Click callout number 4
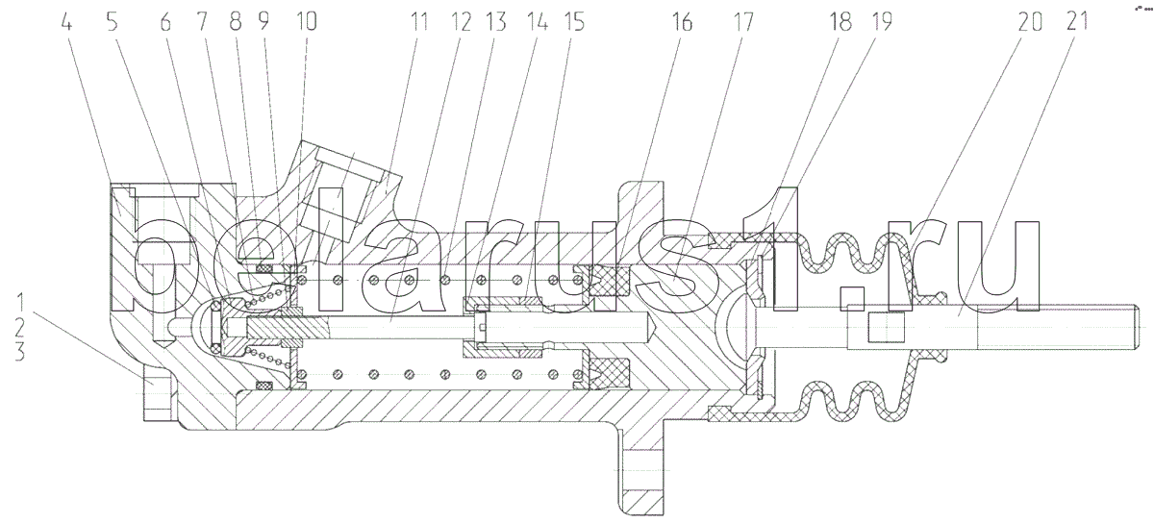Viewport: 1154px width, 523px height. point(66,23)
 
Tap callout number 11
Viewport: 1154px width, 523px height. point(419,23)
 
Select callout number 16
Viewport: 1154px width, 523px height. point(682,23)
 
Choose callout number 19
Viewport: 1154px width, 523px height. point(882,23)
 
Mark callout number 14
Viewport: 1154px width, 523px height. point(537,23)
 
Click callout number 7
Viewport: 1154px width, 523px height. point(201,23)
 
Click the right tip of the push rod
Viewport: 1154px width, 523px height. point(1138,327)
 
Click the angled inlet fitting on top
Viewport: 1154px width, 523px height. point(345,196)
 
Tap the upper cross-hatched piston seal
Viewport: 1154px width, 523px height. point(610,282)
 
